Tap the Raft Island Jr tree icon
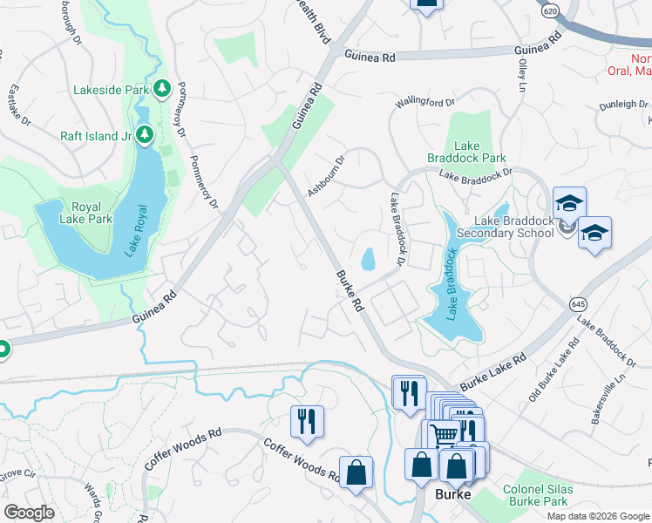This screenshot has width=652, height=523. pos(145,135)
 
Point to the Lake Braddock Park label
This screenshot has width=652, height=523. pos(466,153)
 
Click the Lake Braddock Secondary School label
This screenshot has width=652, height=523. pos(505,227)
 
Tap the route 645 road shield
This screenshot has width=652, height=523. pos(578,304)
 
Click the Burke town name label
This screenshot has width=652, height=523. pos(453,494)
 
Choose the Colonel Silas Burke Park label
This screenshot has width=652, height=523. pos(539,495)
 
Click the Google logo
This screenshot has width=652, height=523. pos(29,513)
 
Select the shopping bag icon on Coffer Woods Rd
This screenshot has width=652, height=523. pos(356,473)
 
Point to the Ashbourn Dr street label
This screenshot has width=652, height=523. pos(327,175)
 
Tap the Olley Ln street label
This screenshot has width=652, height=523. pos(523,76)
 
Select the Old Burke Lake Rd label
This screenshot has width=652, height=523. pos(553,371)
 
